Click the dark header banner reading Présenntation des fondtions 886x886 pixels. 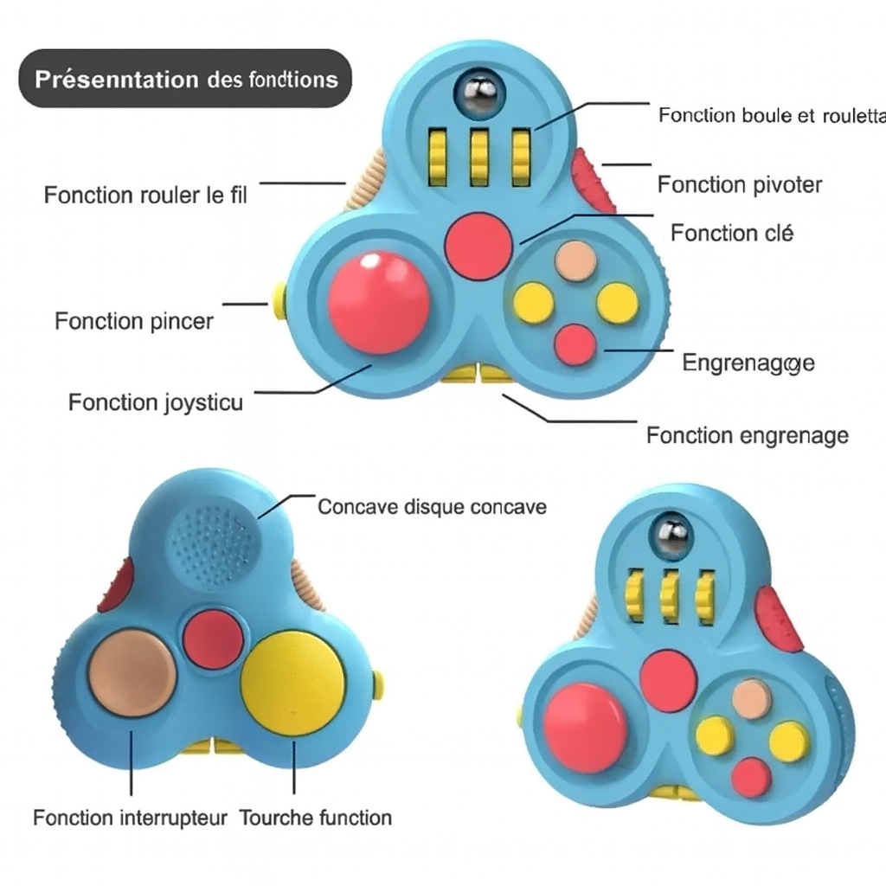[185, 79]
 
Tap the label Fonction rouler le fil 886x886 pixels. [145, 195]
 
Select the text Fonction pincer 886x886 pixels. [133, 322]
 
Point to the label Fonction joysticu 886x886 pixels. [156, 402]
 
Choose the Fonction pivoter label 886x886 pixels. [739, 184]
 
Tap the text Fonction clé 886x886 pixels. [732, 233]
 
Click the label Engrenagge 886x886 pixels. [748, 363]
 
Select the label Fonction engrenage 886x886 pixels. [747, 435]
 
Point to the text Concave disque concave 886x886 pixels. [432, 506]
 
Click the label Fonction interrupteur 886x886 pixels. [130, 818]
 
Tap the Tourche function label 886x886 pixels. [315, 818]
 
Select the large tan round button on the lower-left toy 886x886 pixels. [132, 673]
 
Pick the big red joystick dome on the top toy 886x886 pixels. [379, 302]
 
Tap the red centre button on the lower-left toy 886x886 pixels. [213, 639]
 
